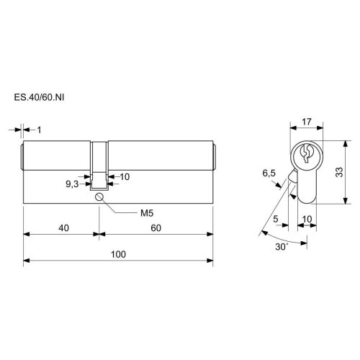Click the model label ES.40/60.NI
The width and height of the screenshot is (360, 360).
pyautogui.click(x=39, y=97)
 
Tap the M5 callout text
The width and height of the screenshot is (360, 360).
pyautogui.click(x=147, y=213)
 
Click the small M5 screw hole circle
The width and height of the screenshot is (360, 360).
pyautogui.click(x=99, y=197)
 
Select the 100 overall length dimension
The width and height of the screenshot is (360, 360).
pyautogui.click(x=118, y=254)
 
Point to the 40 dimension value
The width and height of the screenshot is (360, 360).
pyautogui.click(x=63, y=228)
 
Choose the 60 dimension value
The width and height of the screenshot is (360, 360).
pyautogui.click(x=156, y=228)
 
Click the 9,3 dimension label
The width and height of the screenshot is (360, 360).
pyautogui.click(x=72, y=184)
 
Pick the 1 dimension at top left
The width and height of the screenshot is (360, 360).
pyautogui.click(x=40, y=130)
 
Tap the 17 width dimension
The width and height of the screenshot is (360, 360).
pyautogui.click(x=307, y=122)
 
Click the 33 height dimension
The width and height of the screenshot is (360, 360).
pyautogui.click(x=339, y=172)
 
